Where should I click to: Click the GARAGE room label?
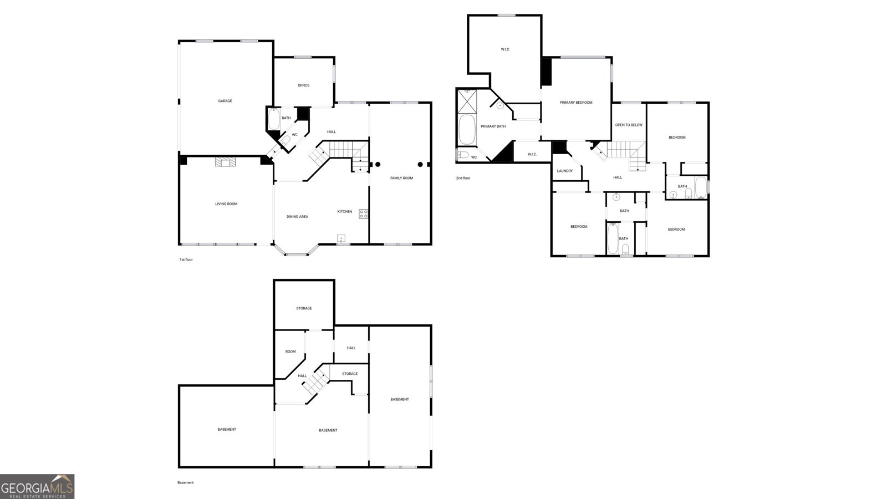[225, 101]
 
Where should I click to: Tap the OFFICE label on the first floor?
[304, 85]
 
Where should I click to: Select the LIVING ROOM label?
[226, 204]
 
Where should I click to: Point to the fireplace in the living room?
[225, 162]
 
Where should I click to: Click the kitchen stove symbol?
[363, 214]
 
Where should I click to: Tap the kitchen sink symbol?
[341, 238]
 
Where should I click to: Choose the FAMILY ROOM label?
[401, 178]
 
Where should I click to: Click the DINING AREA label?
[297, 217]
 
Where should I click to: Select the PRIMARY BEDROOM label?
[576, 103]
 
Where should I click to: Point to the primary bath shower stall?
[467, 101]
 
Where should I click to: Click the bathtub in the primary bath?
[467, 130]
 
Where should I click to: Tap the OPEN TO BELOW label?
[629, 125]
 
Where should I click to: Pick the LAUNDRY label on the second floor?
[565, 171]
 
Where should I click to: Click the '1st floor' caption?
[186, 260]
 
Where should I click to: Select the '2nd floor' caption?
[463, 178]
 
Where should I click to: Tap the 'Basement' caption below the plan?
[185, 483]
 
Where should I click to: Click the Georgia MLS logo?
[37, 487]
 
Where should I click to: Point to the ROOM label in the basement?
[290, 352]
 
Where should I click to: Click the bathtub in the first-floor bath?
[274, 119]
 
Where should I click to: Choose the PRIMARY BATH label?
[493, 126]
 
